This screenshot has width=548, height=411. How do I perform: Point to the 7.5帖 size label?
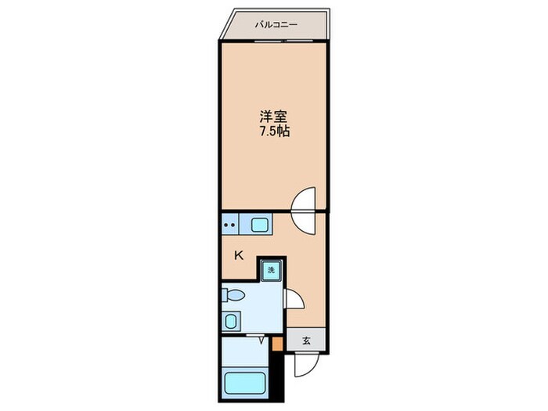click(275, 132)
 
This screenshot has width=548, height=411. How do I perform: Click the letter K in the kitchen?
click(240, 254)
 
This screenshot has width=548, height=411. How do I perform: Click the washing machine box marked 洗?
click(271, 270)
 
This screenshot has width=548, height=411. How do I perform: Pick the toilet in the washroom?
click(233, 295)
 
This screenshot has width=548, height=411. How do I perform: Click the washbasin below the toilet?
click(230, 320)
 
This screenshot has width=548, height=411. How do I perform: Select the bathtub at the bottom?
click(244, 385)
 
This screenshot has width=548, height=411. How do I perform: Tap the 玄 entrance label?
click(307, 341)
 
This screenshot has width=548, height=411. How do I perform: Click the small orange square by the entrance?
click(276, 341)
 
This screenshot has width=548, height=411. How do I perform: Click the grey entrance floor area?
click(305, 340)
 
